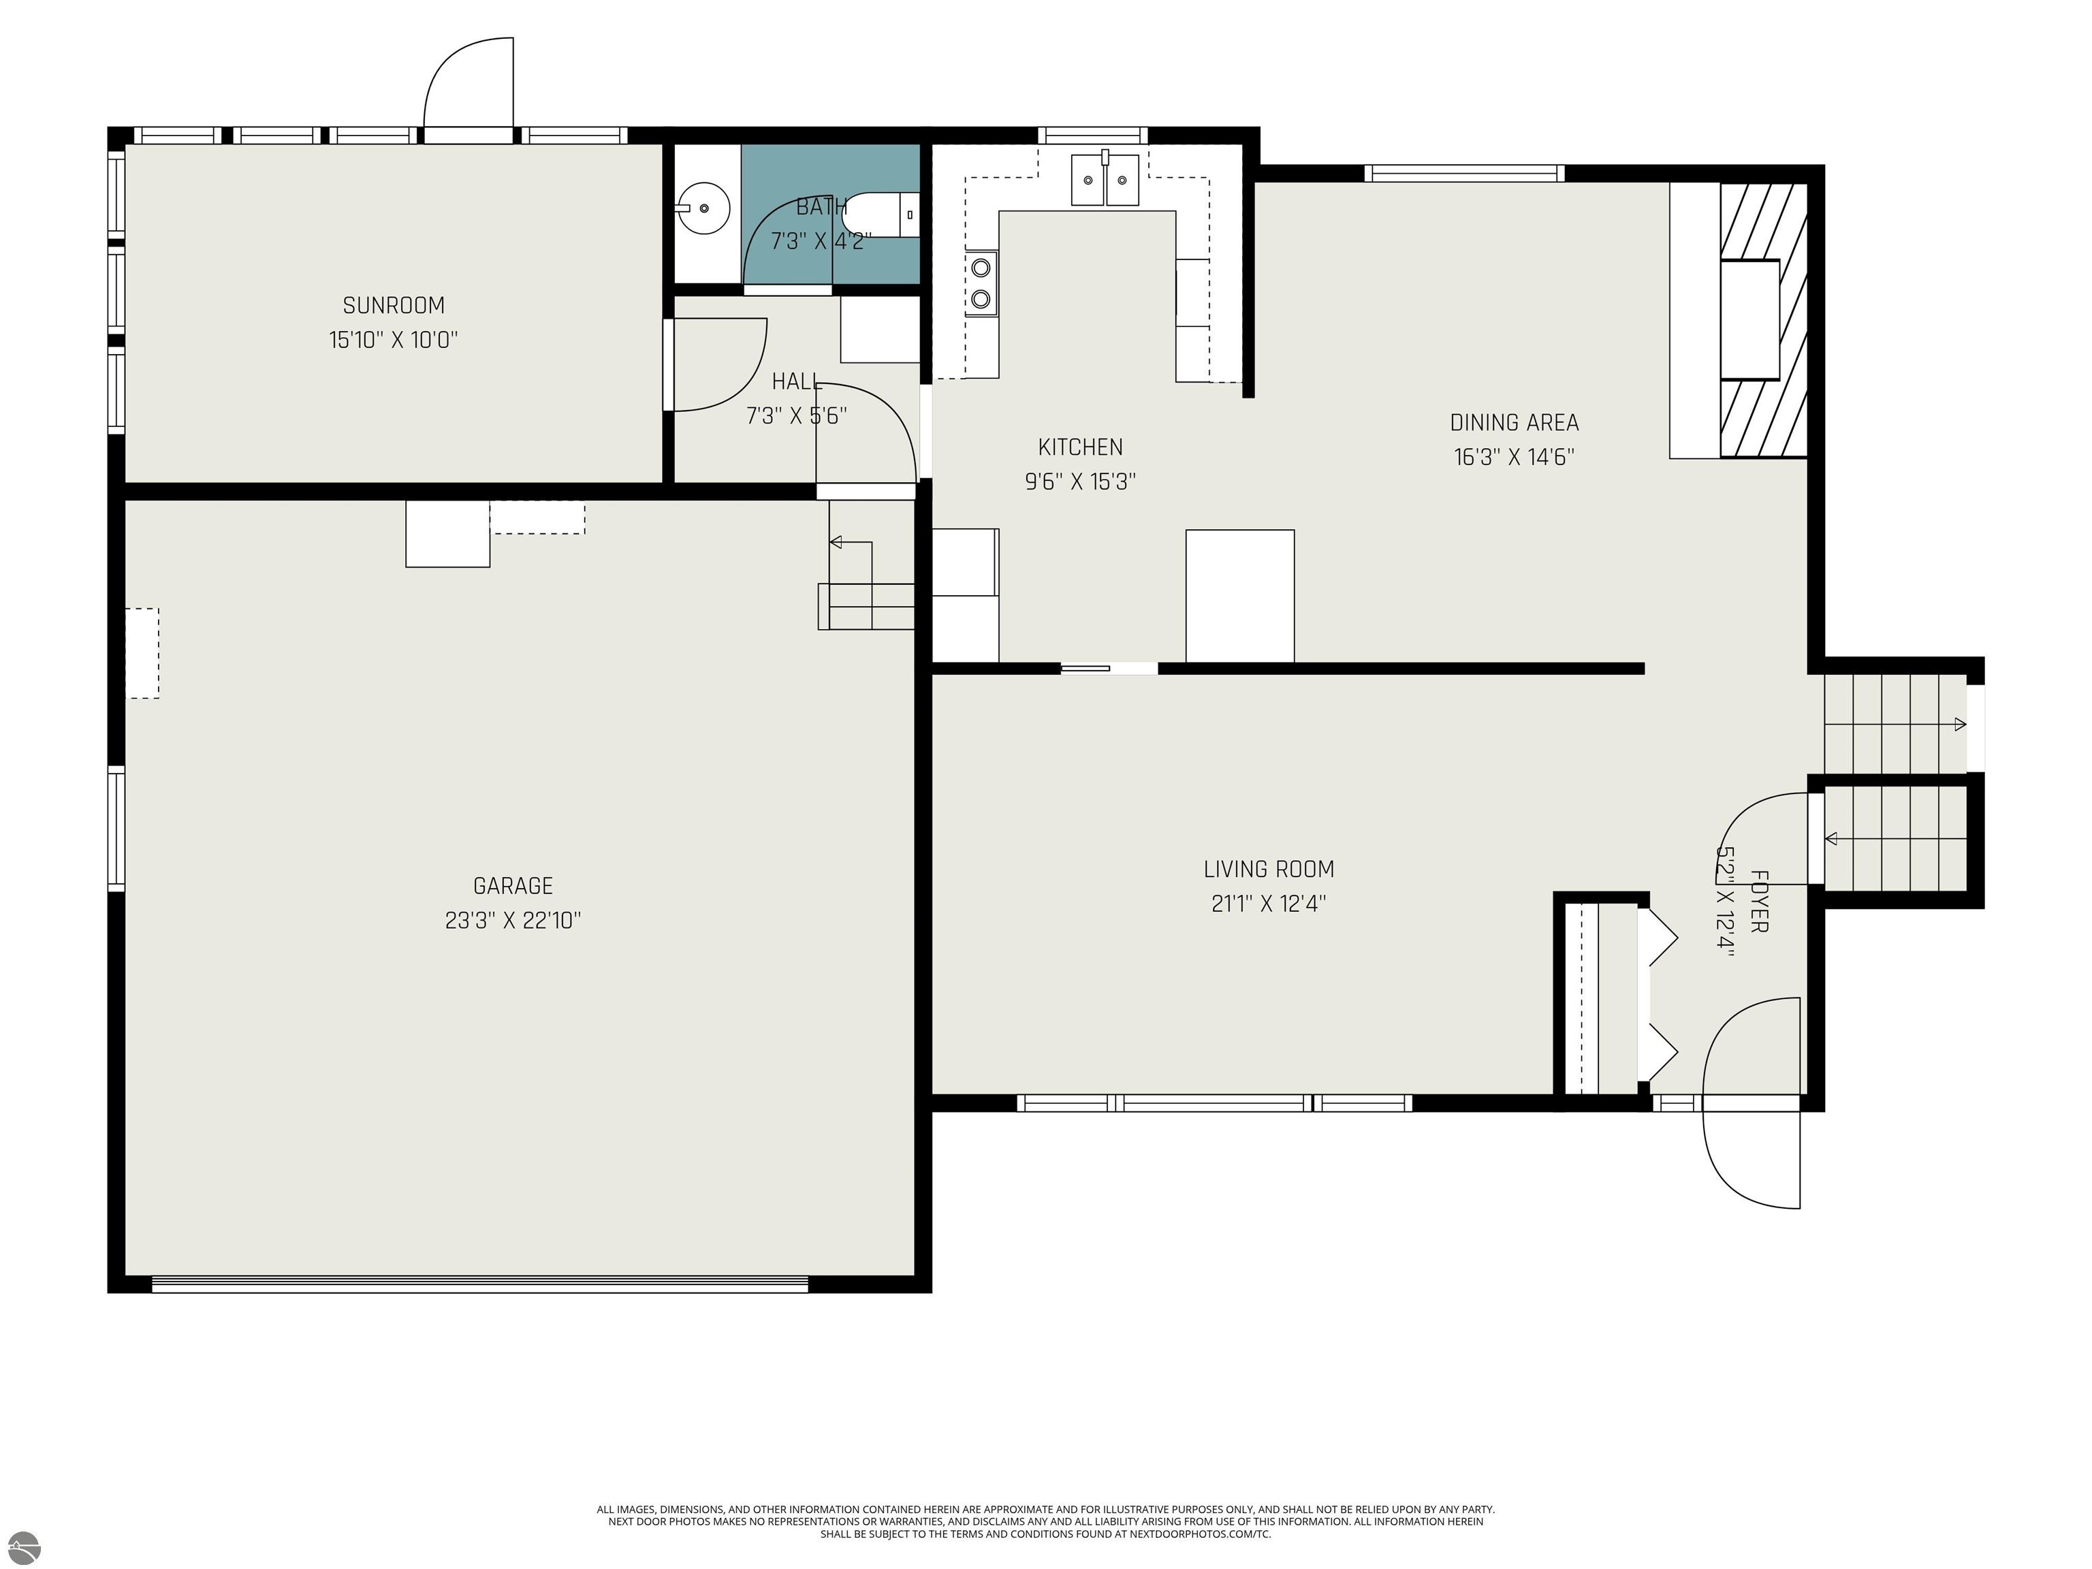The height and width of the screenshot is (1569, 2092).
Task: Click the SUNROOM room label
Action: [394, 306]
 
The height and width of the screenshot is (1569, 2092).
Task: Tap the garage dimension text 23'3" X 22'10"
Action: [513, 920]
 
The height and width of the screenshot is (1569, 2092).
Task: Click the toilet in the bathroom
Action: [880, 214]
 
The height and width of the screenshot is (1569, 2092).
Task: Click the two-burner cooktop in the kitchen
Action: [981, 283]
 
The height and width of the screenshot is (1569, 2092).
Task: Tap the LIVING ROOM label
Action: [1268, 869]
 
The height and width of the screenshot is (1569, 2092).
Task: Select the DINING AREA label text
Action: [1513, 423]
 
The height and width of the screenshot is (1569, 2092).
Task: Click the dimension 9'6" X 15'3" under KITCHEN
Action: [1080, 482]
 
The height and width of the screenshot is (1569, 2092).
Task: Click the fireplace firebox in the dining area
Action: [1749, 319]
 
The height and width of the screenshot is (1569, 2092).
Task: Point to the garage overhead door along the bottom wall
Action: [481, 1285]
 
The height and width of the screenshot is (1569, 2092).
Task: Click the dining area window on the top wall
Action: [1463, 173]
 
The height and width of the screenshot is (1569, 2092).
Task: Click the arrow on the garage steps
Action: [836, 542]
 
